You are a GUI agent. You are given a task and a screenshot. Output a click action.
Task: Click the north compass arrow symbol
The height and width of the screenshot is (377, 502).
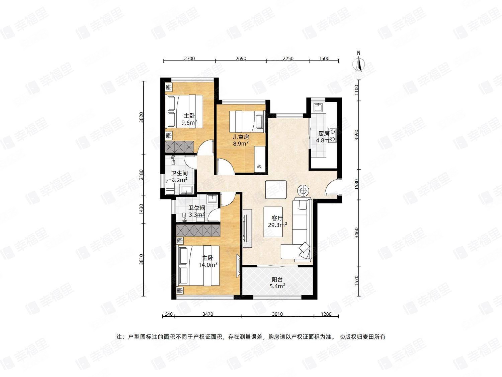point(359,64)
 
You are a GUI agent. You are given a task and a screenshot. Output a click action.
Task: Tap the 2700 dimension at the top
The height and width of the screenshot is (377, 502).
point(189,58)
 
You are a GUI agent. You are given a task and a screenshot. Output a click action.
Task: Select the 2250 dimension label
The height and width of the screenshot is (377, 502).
point(288,58)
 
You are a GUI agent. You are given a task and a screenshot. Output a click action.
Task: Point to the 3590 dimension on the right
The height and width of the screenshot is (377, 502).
point(357,135)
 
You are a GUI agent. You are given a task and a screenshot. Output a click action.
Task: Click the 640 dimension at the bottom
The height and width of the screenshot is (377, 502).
point(169,314)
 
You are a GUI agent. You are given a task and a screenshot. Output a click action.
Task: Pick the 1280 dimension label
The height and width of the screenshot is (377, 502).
point(326,314)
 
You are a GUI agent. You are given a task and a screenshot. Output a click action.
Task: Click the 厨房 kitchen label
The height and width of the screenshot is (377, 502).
point(324,134)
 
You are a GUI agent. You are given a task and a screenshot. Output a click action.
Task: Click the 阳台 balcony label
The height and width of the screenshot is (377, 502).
point(277,279)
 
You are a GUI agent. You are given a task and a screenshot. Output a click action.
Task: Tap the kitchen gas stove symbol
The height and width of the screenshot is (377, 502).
point(333,135)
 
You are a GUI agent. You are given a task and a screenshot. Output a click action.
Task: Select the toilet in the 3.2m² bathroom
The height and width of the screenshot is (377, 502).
point(170,188)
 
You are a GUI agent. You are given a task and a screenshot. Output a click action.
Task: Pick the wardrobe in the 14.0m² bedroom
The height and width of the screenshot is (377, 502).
point(198,230)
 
